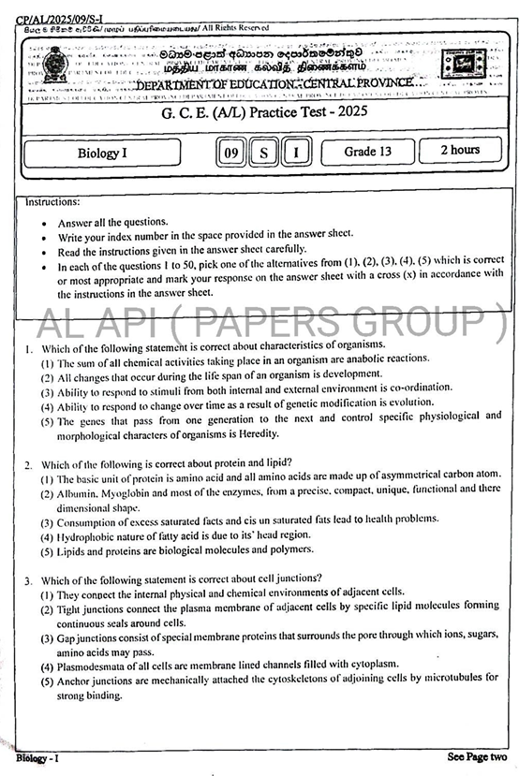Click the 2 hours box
(x=460, y=151)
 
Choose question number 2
(x=29, y=462)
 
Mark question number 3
(x=29, y=578)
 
